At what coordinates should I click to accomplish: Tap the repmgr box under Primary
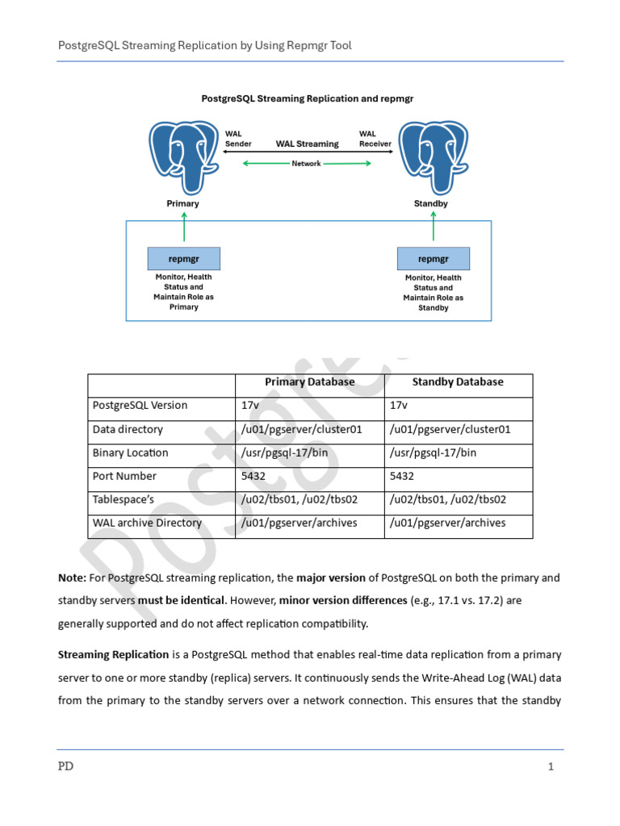[x=184, y=259]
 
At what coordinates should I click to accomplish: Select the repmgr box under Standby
[x=434, y=259]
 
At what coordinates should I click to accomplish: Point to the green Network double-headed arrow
[x=307, y=164]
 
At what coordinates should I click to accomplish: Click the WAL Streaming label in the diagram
[x=307, y=144]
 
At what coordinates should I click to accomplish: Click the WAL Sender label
[x=237, y=139]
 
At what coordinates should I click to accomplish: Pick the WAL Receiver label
[x=375, y=139]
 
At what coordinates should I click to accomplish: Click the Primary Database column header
[x=309, y=382]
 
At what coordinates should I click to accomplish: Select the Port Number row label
[x=124, y=477]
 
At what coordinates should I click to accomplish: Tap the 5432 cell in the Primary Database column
[x=254, y=477]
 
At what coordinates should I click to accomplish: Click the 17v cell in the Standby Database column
[x=400, y=406]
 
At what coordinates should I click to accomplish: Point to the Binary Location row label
[x=131, y=453]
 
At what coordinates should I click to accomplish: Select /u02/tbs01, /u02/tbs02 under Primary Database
[x=299, y=500]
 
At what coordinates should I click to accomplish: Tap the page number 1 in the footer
[x=551, y=767]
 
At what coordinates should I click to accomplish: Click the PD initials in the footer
[x=65, y=767]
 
